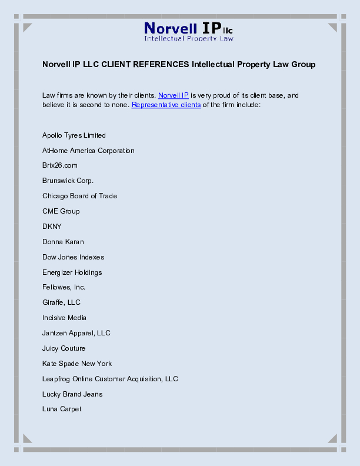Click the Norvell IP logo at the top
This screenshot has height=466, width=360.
pyautogui.click(x=189, y=31)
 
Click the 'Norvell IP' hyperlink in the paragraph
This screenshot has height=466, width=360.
pyautogui.click(x=174, y=95)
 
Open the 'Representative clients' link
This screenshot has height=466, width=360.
pyautogui.click(x=166, y=105)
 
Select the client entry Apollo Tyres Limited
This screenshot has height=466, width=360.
pyautogui.click(x=74, y=135)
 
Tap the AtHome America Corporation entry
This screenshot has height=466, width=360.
pyautogui.click(x=88, y=151)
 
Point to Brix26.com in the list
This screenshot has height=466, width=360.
pyautogui.click(x=60, y=165)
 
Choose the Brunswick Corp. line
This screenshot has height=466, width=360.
pyautogui.click(x=68, y=181)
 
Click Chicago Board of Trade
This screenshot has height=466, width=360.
pyautogui.click(x=79, y=196)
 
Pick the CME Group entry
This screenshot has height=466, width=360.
pyautogui.click(x=61, y=211)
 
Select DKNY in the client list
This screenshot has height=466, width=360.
pyautogui.click(x=52, y=227)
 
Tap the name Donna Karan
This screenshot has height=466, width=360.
pyautogui.click(x=63, y=242)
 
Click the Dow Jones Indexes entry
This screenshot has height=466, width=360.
pyautogui.click(x=74, y=257)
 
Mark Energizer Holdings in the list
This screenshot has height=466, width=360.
pyautogui.click(x=72, y=272)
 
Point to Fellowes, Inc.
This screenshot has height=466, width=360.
pyautogui.click(x=64, y=287)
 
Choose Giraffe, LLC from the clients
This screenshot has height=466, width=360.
pyautogui.click(x=61, y=302)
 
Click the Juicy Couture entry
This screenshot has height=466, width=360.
pyautogui.click(x=64, y=348)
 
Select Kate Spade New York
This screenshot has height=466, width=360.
pyautogui.click(x=77, y=364)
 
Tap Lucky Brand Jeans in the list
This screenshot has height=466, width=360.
pyautogui.click(x=72, y=394)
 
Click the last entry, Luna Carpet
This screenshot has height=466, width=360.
pyautogui.click(x=62, y=409)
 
